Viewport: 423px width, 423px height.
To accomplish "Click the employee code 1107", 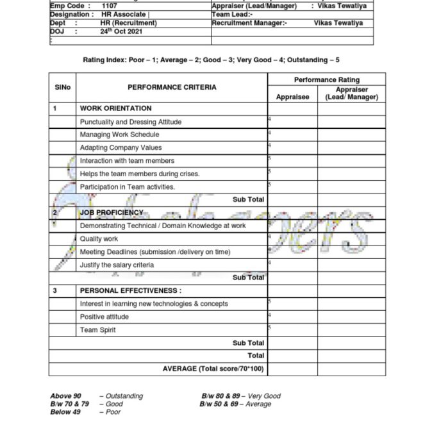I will [110, 6].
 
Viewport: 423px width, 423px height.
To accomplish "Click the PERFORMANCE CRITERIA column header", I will [172, 87].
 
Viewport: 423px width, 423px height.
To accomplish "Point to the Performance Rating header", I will [326, 79].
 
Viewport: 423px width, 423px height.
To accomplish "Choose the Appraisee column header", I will [292, 97].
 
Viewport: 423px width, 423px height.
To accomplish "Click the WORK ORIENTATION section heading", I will [115, 108].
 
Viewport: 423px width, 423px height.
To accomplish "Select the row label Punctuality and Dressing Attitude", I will [131, 122].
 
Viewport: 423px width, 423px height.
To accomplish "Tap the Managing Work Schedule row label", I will [119, 135].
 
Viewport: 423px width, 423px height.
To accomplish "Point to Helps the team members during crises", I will [140, 174].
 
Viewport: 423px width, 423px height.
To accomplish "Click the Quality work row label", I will [99, 239].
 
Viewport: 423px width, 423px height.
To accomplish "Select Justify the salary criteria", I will [117, 265].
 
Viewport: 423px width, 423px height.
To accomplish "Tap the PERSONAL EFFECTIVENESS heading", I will [130, 290].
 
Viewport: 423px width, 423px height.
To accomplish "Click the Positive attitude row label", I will [104, 317].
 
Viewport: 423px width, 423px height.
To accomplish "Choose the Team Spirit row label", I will [97, 330].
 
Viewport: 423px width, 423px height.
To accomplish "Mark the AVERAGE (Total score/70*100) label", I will [213, 369].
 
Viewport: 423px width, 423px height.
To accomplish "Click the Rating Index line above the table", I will [211, 60].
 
